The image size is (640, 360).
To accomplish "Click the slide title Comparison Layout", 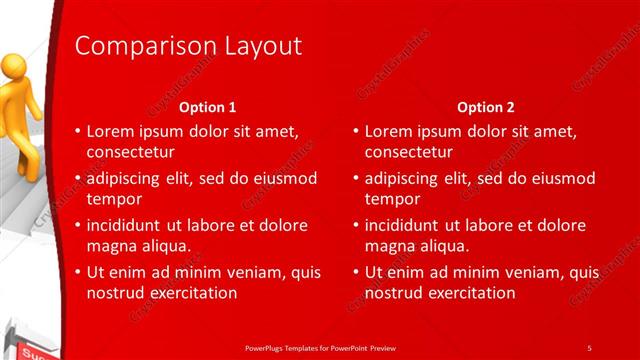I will pyautogui.click(x=189, y=46).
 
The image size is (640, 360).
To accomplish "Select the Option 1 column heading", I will pyautogui.click(x=207, y=107).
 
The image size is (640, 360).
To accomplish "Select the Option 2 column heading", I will pyautogui.click(x=485, y=107).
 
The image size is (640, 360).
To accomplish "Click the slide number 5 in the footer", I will pyautogui.click(x=589, y=347).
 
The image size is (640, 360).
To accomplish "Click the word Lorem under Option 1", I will pyautogui.click(x=110, y=131).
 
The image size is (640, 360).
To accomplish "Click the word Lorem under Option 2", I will pyautogui.click(x=388, y=131).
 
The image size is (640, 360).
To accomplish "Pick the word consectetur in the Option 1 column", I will pyautogui.click(x=131, y=152).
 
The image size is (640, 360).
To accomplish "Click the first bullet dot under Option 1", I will pyautogui.click(x=79, y=132).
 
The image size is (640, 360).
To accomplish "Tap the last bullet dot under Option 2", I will pyautogui.click(x=357, y=273).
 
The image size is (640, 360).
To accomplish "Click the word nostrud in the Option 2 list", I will pyautogui.click(x=393, y=293).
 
